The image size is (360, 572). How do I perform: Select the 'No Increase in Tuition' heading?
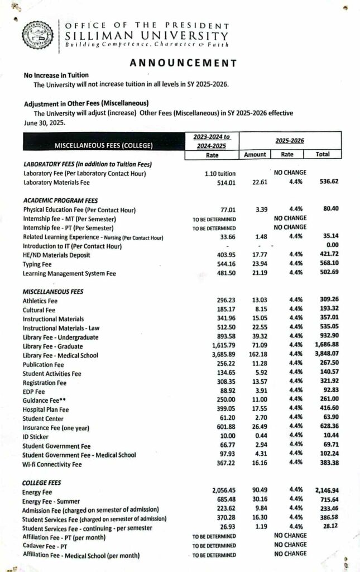tap(56, 75)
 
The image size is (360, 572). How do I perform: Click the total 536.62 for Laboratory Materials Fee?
tap(328, 182)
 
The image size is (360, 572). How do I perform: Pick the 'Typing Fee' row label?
tap(38, 265)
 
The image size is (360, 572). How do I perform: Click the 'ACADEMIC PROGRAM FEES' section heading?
tap(60, 200)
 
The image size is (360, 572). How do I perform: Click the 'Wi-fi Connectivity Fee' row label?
tap(52, 464)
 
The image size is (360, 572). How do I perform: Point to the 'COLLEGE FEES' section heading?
tap(42, 482)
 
